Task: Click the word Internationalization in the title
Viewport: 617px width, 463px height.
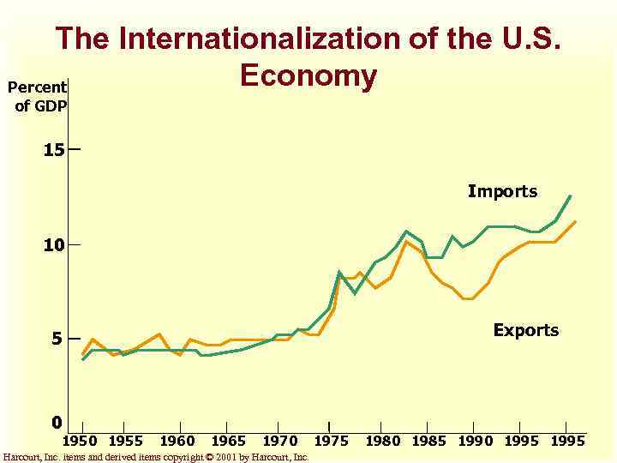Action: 287,39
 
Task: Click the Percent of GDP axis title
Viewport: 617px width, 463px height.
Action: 37,96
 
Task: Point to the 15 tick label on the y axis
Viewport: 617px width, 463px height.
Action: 54,150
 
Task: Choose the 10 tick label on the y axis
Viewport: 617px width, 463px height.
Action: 54,246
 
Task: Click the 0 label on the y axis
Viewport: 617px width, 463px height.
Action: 57,423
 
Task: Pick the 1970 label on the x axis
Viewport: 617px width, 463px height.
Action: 279,441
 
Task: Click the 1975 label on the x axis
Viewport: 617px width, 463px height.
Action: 331,441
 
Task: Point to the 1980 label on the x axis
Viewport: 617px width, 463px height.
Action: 383,441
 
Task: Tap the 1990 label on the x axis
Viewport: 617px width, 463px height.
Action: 475,441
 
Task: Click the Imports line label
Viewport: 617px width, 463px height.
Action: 502,192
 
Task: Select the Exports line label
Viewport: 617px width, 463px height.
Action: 525,330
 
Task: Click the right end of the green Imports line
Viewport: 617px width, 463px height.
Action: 570,196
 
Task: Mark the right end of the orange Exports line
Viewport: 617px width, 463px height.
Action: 575,222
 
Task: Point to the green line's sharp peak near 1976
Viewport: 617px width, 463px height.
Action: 339,272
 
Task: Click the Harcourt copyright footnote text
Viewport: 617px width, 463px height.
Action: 156,457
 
